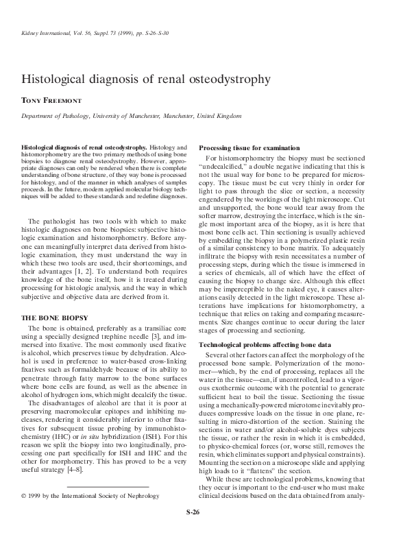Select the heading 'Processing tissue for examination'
[249, 149]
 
